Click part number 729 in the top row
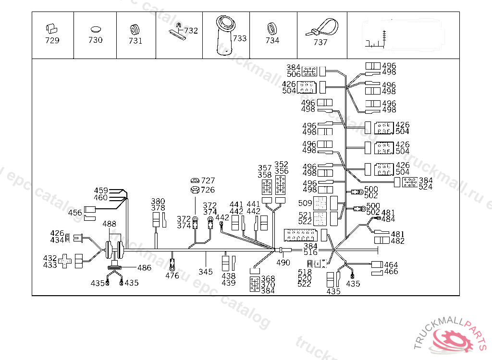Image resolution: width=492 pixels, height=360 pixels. tap(52, 41)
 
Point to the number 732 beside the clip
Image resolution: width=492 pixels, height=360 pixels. tap(191, 31)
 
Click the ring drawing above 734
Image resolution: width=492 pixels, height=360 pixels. tap(272, 28)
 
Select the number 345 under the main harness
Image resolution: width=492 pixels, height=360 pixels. tap(206, 272)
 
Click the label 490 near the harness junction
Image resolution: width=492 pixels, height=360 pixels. tap(283, 263)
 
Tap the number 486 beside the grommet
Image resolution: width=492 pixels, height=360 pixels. tap(144, 268)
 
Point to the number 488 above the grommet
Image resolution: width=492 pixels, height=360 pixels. tap(110, 224)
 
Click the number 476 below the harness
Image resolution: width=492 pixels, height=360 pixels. tap(172, 276)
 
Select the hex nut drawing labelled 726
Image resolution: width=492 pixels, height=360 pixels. tap(195, 190)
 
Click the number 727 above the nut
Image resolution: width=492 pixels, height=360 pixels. tap(208, 181)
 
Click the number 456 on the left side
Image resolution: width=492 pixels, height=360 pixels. tap(74, 213)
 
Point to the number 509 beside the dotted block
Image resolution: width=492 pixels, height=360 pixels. tap(305, 203)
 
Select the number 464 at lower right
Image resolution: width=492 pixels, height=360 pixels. tap(391, 265)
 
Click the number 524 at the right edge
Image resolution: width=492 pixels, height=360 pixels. tap(425, 187)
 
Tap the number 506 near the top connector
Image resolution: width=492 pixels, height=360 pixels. tap(294, 74)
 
